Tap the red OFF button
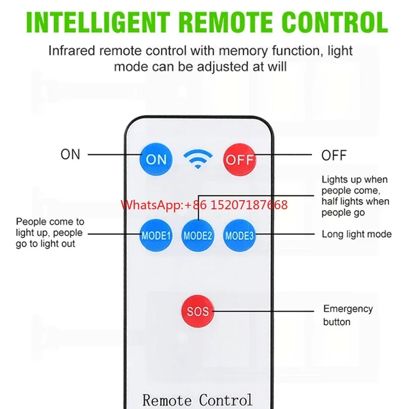(240, 159)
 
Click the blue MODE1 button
(156, 235)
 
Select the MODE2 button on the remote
(198, 235)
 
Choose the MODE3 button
(240, 235)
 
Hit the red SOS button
(197, 312)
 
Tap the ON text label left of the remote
(71, 154)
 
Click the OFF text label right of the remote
(334, 155)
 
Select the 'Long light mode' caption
(357, 234)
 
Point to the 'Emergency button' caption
(348, 315)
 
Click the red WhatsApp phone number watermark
(204, 205)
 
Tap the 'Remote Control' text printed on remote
(197, 400)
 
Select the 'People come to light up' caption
(50, 232)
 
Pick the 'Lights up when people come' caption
(355, 196)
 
